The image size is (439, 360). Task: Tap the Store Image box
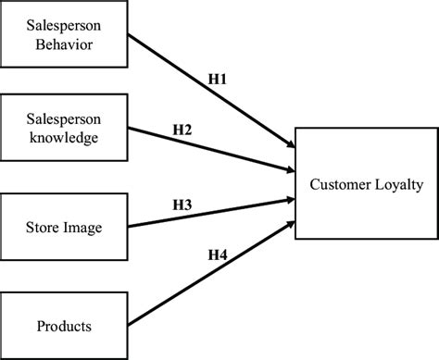pos(64,227)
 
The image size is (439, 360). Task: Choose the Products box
pos(64,325)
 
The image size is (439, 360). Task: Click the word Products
pos(64,326)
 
